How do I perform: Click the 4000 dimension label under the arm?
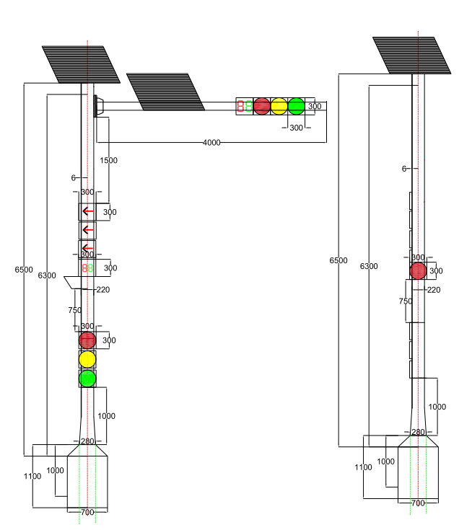211,143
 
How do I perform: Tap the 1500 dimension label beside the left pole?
108,160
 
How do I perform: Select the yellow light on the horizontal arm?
279,107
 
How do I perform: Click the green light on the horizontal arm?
297,107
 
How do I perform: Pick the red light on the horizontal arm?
262,107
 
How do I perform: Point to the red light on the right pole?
418,270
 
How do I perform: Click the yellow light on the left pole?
87,359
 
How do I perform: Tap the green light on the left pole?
87,379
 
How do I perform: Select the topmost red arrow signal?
87,211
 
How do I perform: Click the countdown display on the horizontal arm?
245,106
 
